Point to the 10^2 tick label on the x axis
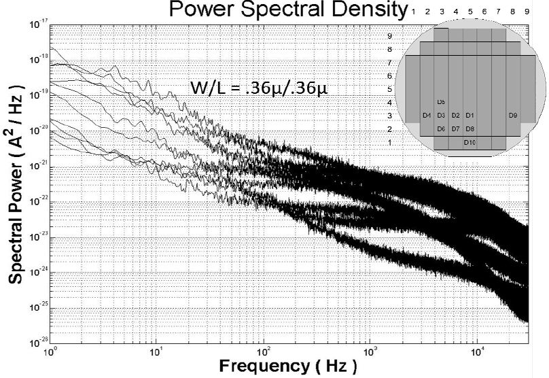point(263,351)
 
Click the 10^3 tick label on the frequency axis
point(370,351)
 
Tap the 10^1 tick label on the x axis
point(156,351)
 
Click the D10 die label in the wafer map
point(470,142)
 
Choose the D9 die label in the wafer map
point(513,116)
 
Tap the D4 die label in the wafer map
point(427,116)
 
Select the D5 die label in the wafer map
point(441,102)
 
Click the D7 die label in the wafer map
point(455,128)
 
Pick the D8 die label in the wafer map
point(470,128)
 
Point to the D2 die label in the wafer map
point(455,116)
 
